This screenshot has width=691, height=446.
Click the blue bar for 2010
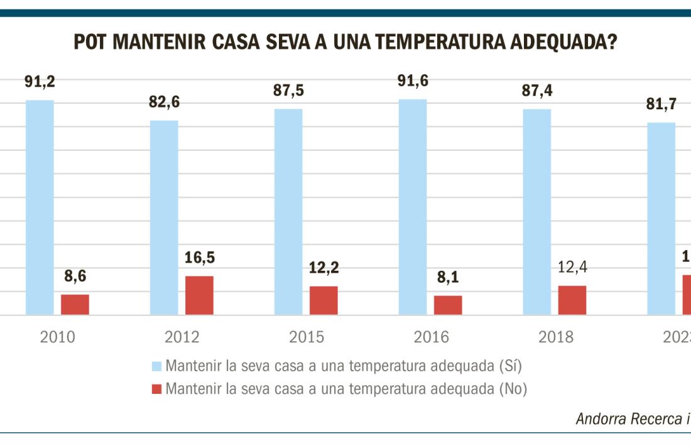click(40, 207)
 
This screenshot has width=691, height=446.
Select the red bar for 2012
click(199, 295)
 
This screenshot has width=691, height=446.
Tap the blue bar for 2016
click(413, 207)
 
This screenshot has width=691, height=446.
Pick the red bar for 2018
click(572, 300)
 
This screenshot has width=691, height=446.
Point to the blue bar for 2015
click(288, 212)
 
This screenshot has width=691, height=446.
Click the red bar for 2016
click(448, 305)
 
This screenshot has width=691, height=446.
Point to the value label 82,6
click(164, 102)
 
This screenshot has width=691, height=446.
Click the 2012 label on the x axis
click(182, 337)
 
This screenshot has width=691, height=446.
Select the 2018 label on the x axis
click(556, 337)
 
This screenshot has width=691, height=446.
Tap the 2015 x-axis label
click(307, 337)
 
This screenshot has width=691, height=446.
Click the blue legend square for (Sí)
click(156, 366)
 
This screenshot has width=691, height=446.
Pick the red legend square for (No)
click(156, 389)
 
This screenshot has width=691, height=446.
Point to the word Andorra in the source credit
click(599, 420)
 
